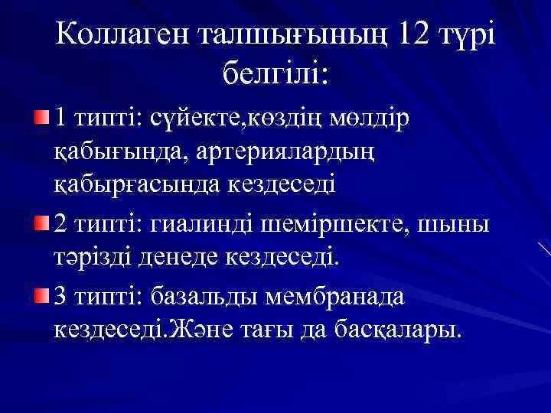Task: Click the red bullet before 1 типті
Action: [41, 118]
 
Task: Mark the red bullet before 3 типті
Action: [41, 294]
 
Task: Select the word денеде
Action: [169, 259]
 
